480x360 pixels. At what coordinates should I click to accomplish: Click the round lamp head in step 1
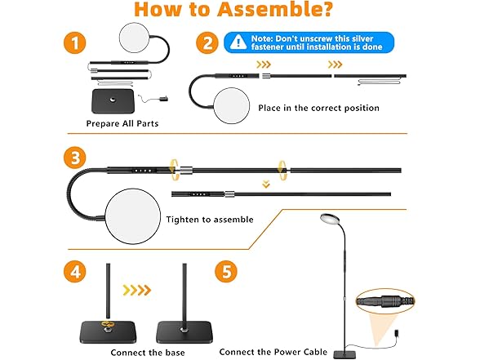[x=135, y=37]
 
